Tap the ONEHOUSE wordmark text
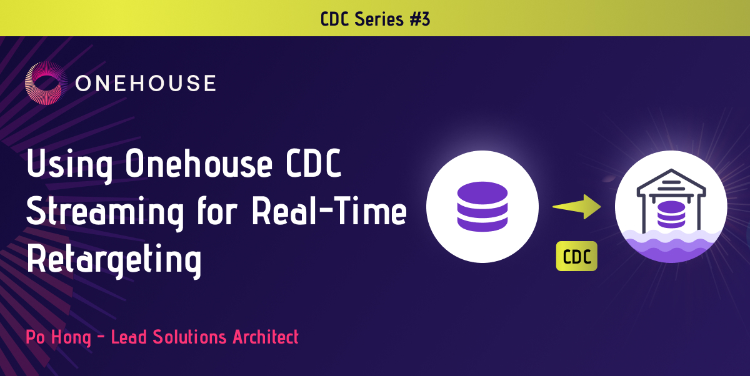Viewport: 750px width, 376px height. (145, 83)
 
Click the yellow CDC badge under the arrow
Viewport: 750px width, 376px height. (576, 257)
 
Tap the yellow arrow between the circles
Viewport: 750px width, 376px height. (576, 207)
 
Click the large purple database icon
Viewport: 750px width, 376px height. (482, 207)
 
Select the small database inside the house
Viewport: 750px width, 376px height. (671, 215)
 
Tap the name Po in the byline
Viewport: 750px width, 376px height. (36, 338)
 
